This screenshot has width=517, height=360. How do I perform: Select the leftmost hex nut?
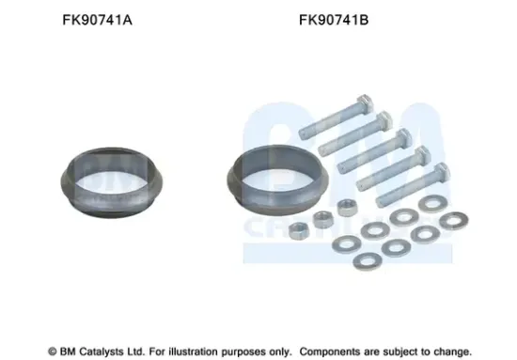(303, 228)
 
